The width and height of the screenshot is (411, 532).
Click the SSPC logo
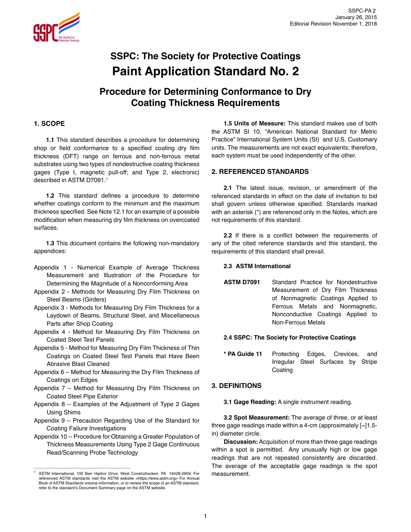tap(56, 27)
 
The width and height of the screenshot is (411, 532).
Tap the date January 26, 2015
tap(356, 17)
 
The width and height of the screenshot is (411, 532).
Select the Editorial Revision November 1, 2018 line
tap(333, 24)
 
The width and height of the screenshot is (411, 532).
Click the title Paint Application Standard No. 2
tap(205, 71)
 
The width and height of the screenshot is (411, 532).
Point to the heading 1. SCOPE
tap(49, 124)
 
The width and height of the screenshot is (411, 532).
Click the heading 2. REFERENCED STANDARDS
tap(260, 172)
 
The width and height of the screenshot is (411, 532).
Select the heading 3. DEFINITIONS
tap(237, 386)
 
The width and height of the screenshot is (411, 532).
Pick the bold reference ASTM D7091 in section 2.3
tap(242, 282)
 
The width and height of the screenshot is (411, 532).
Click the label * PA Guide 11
tap(243, 354)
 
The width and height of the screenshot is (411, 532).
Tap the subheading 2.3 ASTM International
tap(257, 266)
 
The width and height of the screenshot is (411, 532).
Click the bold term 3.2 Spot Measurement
tap(257, 418)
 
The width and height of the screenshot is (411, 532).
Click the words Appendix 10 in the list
tap(50, 436)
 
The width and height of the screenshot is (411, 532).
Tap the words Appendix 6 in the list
tap(48, 372)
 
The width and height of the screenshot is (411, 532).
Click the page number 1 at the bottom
tap(205, 516)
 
